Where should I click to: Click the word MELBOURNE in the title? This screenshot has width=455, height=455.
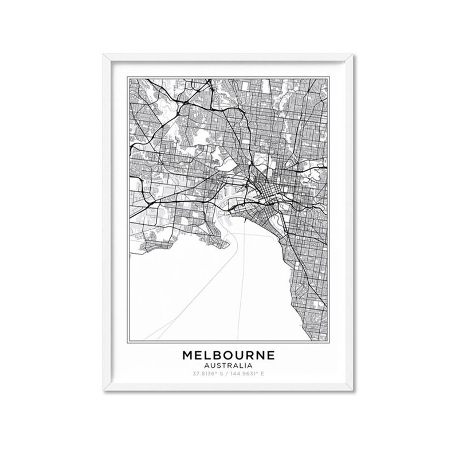(x=229, y=355)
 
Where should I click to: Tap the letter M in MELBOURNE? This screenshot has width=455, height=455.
(x=188, y=355)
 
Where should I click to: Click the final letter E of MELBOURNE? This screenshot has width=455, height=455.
(x=270, y=355)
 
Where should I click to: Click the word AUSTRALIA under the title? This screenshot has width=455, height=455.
(x=229, y=365)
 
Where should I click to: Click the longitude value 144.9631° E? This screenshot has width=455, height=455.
(x=248, y=374)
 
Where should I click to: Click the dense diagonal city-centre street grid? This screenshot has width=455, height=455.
(x=265, y=190)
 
